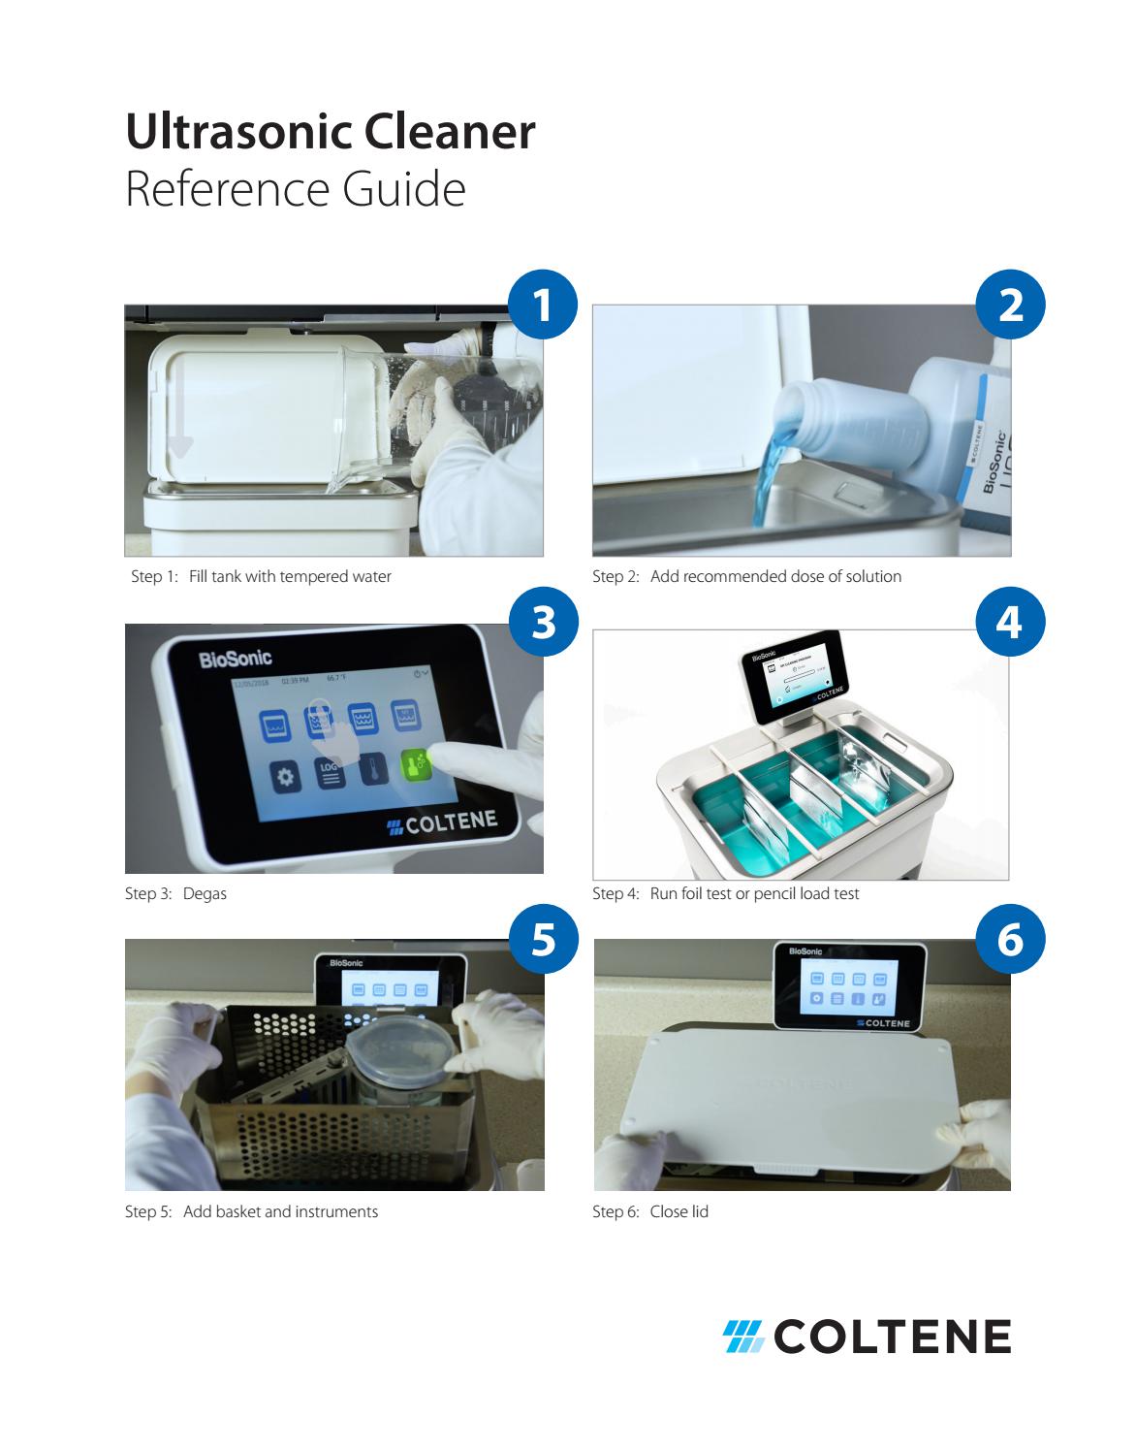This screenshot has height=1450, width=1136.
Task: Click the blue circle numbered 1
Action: tap(543, 306)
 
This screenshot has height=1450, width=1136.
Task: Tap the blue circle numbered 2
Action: tap(1010, 306)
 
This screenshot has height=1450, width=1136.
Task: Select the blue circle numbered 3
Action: tap(543, 623)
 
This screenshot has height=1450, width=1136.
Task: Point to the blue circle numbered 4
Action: tap(1010, 623)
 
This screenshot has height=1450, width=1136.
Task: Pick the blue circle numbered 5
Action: tap(543, 940)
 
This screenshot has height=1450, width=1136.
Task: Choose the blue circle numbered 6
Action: tap(1010, 940)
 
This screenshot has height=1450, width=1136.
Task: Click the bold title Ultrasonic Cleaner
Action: tap(331, 132)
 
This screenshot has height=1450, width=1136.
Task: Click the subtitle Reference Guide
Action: tap(296, 189)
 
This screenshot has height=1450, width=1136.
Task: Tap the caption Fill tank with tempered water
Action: tap(290, 577)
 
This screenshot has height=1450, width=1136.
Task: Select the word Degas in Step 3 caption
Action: tap(205, 893)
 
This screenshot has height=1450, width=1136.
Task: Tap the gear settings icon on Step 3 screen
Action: tap(284, 777)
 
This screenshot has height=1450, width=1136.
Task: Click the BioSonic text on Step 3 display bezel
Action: tap(236, 660)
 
